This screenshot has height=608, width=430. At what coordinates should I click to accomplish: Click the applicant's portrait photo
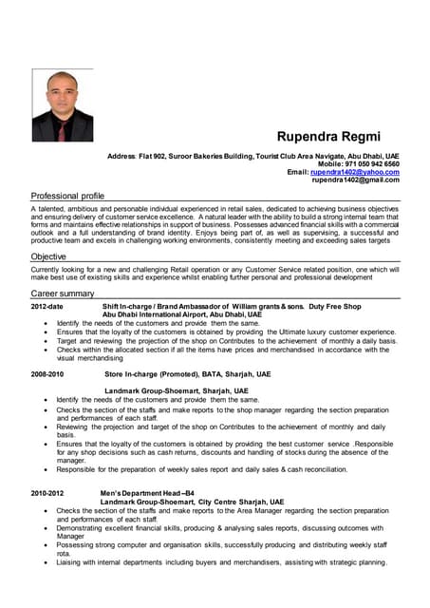click(63, 105)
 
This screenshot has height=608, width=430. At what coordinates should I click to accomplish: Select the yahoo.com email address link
click(355, 172)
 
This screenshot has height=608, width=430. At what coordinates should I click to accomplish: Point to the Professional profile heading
click(67, 195)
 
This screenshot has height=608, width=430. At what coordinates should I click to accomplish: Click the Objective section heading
click(48, 256)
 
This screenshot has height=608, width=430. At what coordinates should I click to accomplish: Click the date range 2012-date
click(47, 306)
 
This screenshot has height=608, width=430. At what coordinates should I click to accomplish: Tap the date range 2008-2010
click(47, 374)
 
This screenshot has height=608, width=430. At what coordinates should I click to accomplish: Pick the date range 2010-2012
click(47, 493)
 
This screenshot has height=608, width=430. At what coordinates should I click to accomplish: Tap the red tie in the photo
click(62, 128)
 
